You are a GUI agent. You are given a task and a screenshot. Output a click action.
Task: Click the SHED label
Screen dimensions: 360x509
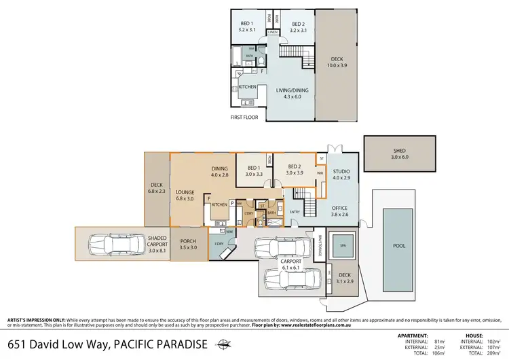tap(399, 151)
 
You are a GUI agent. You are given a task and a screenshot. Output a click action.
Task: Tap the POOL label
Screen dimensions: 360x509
tap(399, 245)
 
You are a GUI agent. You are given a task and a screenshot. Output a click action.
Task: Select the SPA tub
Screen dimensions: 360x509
tap(343, 245)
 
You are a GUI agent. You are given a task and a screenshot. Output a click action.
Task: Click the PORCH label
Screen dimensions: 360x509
tap(188, 241)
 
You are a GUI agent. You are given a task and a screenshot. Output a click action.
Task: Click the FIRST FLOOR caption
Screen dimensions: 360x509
tap(246, 117)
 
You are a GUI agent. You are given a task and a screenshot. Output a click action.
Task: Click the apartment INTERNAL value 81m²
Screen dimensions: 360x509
tap(440, 340)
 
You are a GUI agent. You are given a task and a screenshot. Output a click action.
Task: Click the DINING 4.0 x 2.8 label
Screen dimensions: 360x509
tap(219, 169)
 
